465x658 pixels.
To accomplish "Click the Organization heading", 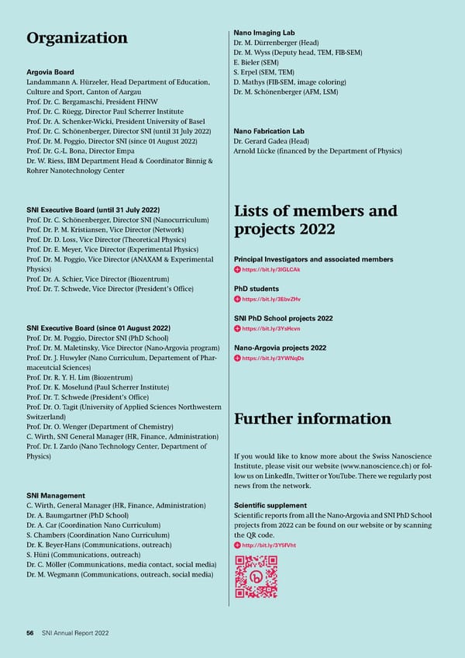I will [x=77, y=38].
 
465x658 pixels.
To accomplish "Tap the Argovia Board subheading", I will [x=52, y=71].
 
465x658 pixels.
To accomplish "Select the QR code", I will [x=256, y=577].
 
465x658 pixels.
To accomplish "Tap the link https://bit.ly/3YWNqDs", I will [x=273, y=358].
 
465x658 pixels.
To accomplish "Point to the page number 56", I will [x=30, y=633].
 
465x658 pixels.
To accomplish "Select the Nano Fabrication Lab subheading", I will [x=268, y=131].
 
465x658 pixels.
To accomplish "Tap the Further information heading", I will [x=312, y=419].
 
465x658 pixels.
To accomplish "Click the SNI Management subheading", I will [x=56, y=495].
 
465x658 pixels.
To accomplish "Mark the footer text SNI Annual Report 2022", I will [x=75, y=633].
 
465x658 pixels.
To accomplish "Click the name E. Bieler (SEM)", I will [x=255, y=62].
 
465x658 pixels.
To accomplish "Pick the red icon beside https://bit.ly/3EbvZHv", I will [x=237, y=299].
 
